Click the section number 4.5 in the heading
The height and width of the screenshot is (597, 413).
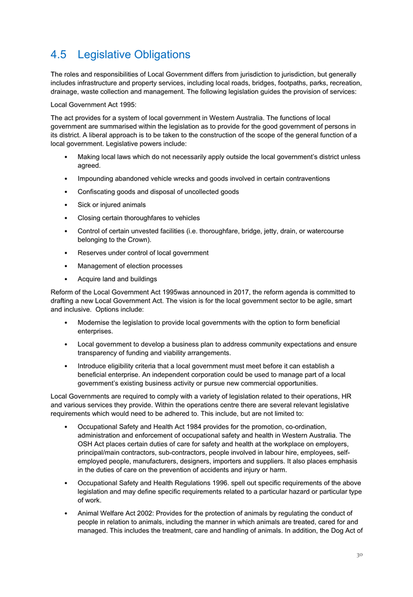[x=60, y=55]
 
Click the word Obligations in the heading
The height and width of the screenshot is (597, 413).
[x=160, y=55]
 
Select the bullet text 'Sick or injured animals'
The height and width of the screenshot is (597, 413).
[x=111, y=205]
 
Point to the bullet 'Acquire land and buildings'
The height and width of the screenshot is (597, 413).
[x=117, y=278]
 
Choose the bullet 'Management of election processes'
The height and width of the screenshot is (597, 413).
[x=130, y=265]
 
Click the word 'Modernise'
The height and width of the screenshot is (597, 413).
[x=96, y=323]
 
